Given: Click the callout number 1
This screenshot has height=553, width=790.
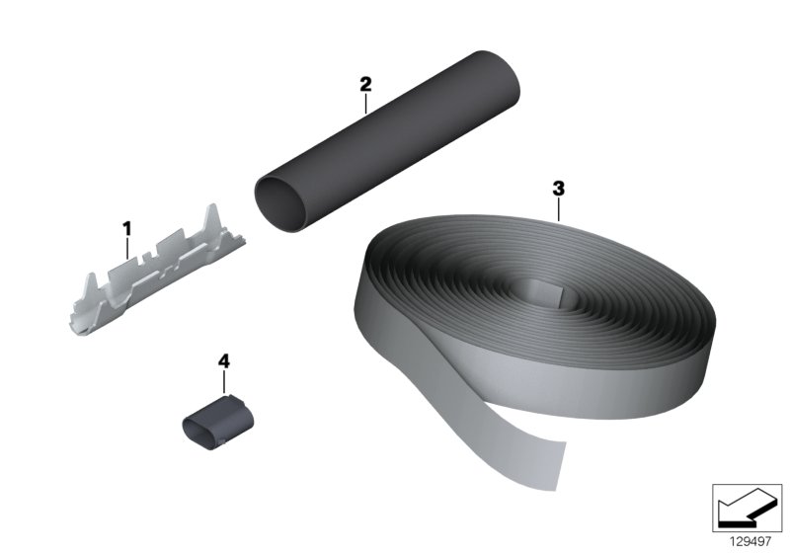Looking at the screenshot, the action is point(127,229).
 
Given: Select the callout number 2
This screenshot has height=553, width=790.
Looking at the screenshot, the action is point(365,84).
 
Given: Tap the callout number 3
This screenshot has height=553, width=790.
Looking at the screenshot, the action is point(558,189).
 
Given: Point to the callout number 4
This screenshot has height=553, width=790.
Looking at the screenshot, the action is point(224,361).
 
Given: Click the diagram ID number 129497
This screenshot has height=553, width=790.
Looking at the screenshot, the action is point(750,541).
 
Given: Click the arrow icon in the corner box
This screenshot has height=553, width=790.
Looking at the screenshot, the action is point(747,508).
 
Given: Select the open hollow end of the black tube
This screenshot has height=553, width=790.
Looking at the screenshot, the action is point(280,204).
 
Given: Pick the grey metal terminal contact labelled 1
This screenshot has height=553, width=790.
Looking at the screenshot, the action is point(157,271).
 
